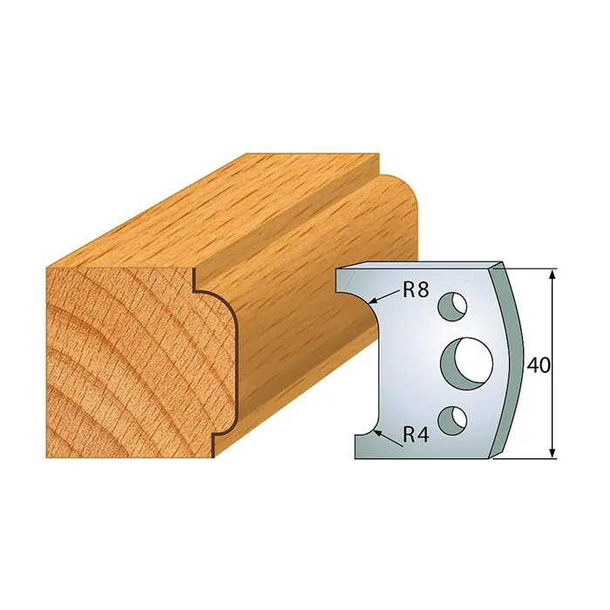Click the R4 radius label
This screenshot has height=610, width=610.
(x=416, y=435)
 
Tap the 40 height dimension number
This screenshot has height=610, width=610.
(x=539, y=365)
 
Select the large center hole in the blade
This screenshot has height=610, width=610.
(x=467, y=359)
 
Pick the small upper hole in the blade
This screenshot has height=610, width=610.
(x=452, y=305)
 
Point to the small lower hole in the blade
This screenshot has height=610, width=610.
(x=452, y=420)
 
